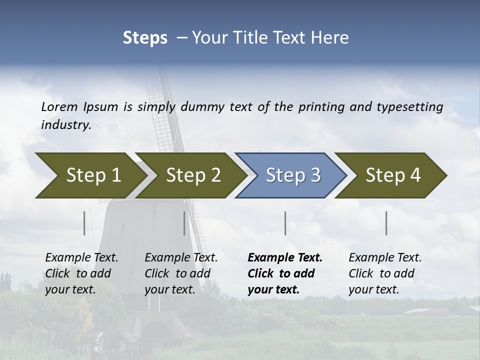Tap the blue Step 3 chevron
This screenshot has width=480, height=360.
[x=293, y=175]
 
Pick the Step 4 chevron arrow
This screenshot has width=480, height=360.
[x=393, y=175]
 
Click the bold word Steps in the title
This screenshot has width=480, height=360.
[x=145, y=38]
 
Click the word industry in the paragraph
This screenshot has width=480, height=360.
[x=65, y=124]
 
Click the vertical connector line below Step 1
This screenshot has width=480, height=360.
[x=84, y=223]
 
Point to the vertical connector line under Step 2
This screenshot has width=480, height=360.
[x=184, y=223]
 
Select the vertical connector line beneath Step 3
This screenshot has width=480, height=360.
[x=285, y=223]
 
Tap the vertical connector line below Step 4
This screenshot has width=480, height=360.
[x=386, y=223]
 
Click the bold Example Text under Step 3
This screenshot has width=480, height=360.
[x=285, y=258]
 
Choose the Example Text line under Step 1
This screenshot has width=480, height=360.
[x=81, y=258]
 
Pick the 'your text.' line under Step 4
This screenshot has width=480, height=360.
[x=373, y=289]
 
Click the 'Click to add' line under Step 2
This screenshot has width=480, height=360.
[x=177, y=273]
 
